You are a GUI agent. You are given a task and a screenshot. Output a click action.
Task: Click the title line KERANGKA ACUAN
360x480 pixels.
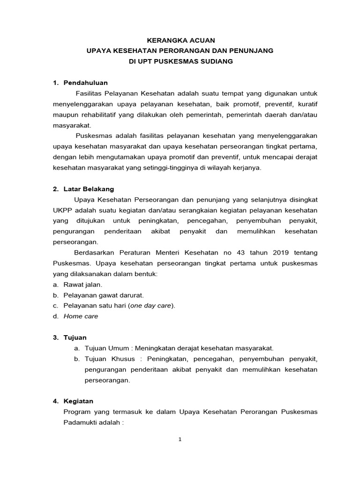180,41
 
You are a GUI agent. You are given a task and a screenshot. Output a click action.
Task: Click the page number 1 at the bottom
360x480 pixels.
180,439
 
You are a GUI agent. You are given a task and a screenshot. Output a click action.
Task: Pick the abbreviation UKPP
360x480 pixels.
62,210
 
